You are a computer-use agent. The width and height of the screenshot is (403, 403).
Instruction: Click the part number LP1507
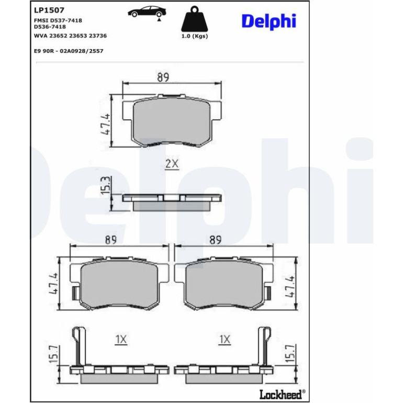pos(49,10)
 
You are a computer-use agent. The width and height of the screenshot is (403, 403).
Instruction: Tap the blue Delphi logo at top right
pos(269,21)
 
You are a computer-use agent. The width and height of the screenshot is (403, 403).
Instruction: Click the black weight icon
pos(195,19)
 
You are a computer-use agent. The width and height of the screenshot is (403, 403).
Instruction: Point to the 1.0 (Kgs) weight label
pos(195,36)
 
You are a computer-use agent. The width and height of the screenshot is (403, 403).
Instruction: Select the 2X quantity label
pos(172,163)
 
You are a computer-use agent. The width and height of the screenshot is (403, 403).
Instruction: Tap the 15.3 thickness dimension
pos(106,185)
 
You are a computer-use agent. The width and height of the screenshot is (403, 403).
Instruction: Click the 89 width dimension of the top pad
pos(163,77)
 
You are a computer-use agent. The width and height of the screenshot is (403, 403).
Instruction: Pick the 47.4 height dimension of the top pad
pos(105,124)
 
